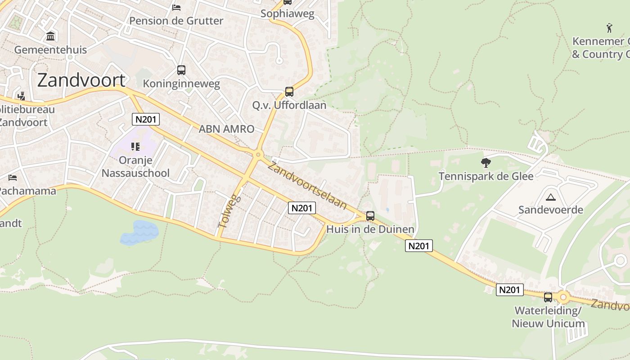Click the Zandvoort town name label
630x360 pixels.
[x=81, y=80]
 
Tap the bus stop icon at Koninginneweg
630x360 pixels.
[x=181, y=70]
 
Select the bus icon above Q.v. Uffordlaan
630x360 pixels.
[x=289, y=92]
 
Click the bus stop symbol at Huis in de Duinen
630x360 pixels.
[x=370, y=216]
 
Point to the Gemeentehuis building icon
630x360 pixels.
[x=50, y=36]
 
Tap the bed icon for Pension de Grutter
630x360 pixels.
[x=176, y=8]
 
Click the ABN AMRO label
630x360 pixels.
[x=226, y=129]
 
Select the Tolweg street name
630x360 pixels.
[x=229, y=211]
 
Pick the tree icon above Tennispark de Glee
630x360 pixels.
[x=486, y=162]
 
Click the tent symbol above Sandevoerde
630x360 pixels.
[x=550, y=197]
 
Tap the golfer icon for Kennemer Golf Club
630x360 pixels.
[x=609, y=28]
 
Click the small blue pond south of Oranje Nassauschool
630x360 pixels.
[x=139, y=232]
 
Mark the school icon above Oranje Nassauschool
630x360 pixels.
[x=135, y=146]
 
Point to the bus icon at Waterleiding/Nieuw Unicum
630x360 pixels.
[x=548, y=297]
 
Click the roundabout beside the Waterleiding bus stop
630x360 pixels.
[x=563, y=297]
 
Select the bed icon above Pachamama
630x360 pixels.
[x=13, y=178]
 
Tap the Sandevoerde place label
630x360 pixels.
[x=550, y=210]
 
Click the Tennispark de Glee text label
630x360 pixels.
[x=486, y=176]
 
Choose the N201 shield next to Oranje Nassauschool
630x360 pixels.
[x=146, y=119]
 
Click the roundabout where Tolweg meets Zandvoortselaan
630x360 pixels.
[x=258, y=155]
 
